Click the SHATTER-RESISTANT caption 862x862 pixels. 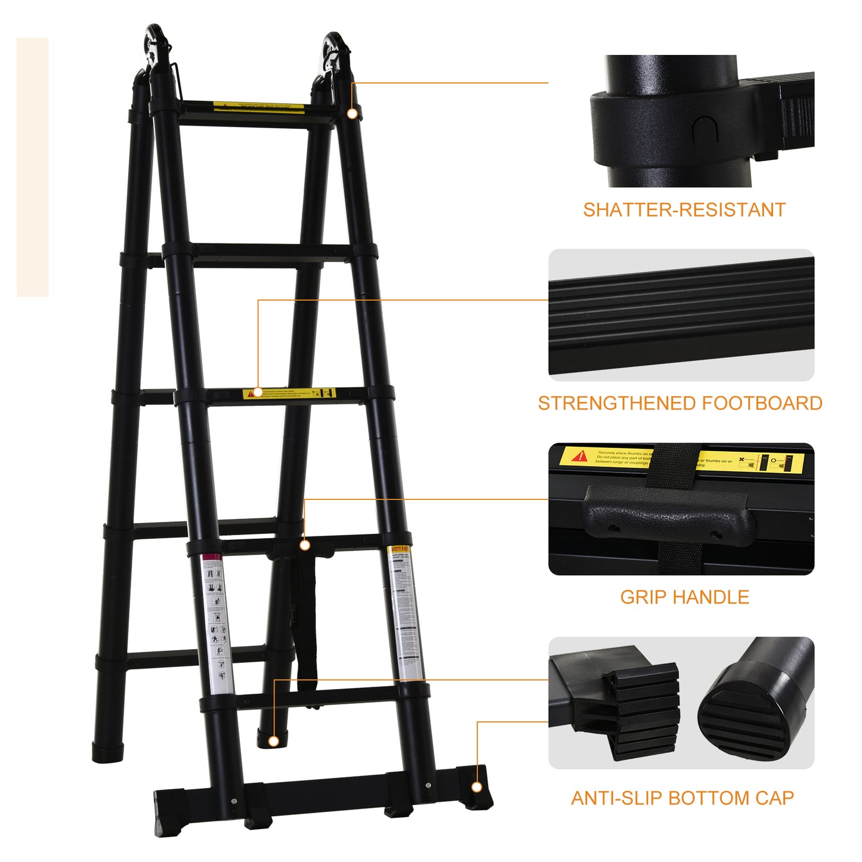pyautogui.click(x=684, y=210)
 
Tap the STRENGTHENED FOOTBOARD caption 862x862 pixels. pyautogui.click(x=680, y=403)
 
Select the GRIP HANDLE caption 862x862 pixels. pyautogui.click(x=684, y=597)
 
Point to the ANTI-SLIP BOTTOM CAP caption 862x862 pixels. pyautogui.click(x=682, y=798)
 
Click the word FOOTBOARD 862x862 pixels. pyautogui.click(x=762, y=403)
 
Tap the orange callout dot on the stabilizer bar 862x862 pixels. pyautogui.click(x=477, y=787)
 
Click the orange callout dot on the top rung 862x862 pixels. pyautogui.click(x=353, y=113)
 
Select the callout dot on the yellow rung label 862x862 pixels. pyautogui.click(x=258, y=393)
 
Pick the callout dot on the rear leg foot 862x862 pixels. pyautogui.click(x=274, y=741)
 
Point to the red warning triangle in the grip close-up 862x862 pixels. pyautogui.click(x=579, y=457)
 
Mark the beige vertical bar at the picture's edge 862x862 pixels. pyautogui.click(x=32, y=167)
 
